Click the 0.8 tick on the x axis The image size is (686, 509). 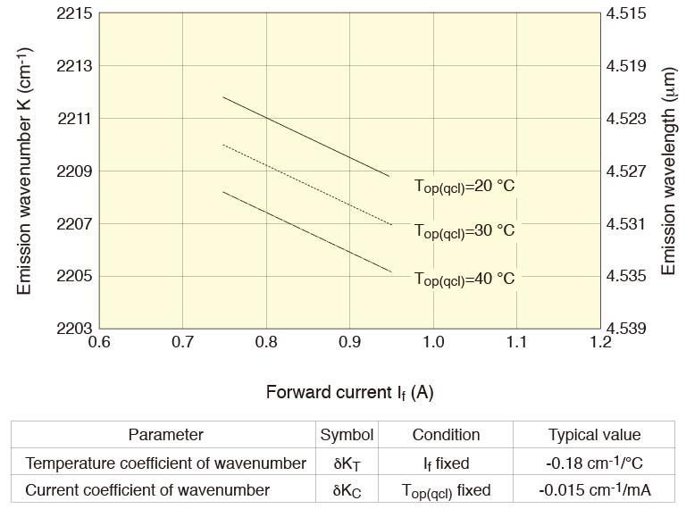pyautogui.click(x=266, y=342)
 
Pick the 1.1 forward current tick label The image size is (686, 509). pyautogui.click(x=517, y=342)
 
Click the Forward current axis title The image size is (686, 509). pyautogui.click(x=349, y=392)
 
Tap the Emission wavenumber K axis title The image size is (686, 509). pyautogui.click(x=25, y=171)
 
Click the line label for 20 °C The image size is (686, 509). pyautogui.click(x=464, y=187)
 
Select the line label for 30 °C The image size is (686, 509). pyautogui.click(x=464, y=230)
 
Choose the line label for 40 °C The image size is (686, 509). pyautogui.click(x=464, y=279)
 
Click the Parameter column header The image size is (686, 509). pyautogui.click(x=165, y=435)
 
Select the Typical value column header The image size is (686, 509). pyautogui.click(x=594, y=435)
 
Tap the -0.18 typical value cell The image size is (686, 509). pyautogui.click(x=594, y=463)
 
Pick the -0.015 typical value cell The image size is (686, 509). pyautogui.click(x=594, y=490)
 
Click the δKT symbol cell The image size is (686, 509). pyautogui.click(x=347, y=463)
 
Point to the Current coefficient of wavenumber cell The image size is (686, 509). pyautogui.click(x=147, y=490)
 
